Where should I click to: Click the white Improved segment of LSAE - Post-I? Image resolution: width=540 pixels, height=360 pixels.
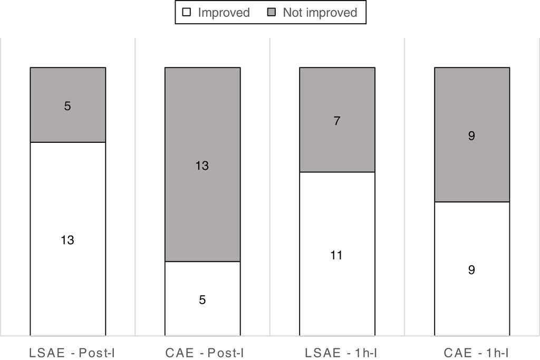point(67,211)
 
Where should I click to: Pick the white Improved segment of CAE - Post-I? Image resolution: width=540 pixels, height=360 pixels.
point(202,316)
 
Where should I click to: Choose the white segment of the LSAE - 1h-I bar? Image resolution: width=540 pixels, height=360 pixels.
point(337,285)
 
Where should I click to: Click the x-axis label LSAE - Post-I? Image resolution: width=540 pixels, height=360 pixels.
point(72,353)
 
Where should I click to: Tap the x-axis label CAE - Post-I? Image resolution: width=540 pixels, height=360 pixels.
point(205,353)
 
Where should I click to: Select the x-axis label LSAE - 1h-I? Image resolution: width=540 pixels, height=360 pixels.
point(341,353)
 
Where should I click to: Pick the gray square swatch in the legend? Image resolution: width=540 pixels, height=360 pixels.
point(272,12)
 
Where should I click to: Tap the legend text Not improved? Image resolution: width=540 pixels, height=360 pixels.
point(320,13)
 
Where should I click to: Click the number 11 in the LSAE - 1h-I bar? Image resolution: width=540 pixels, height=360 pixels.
point(336,256)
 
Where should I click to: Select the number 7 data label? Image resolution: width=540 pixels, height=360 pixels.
point(337,121)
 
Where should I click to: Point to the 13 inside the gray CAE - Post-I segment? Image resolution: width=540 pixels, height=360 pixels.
point(202,166)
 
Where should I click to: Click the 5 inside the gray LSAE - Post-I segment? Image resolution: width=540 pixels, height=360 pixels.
point(67,106)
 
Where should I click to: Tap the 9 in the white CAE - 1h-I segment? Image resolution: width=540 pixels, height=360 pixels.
point(471,270)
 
